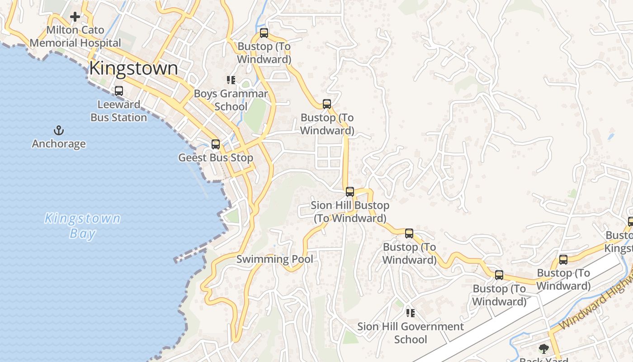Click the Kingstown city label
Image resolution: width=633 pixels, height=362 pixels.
(x=133, y=68)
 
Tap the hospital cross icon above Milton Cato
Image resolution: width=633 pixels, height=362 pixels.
(x=75, y=17)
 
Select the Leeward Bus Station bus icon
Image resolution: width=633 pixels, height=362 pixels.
(x=119, y=91)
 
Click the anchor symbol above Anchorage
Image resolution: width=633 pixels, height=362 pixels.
(x=59, y=131)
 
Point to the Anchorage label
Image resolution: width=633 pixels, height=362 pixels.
(x=59, y=144)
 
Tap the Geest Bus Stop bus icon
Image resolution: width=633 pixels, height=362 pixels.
(x=216, y=144)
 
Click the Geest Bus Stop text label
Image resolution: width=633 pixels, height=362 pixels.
(x=216, y=158)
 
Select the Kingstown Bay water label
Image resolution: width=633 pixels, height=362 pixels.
(x=83, y=226)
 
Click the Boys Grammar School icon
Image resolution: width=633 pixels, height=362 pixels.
(x=231, y=80)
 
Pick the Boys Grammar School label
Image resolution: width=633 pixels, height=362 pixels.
(x=231, y=100)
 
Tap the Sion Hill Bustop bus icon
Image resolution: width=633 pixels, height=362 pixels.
(x=350, y=191)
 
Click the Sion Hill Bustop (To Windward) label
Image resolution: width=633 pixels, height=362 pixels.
(x=350, y=212)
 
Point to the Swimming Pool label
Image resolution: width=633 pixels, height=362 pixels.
(x=275, y=259)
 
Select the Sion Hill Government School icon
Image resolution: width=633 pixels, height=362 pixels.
(x=411, y=313)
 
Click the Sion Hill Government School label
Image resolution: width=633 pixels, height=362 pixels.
(x=411, y=333)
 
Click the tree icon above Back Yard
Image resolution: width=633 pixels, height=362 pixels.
(x=544, y=348)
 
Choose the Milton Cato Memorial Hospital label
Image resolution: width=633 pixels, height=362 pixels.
(x=76, y=37)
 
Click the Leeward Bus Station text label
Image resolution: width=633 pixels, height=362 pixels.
(x=119, y=111)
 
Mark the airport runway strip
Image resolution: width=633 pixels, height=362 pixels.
(x=520, y=312)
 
